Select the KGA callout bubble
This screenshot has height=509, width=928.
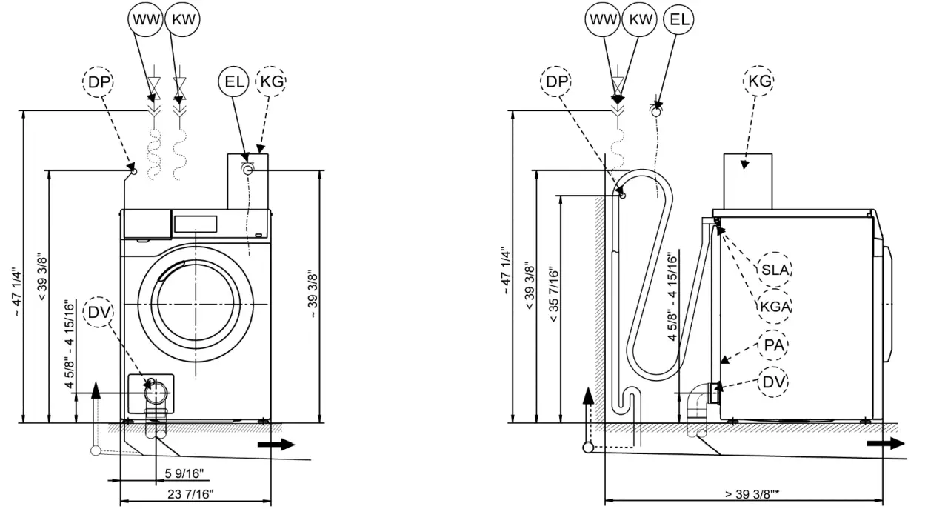[775, 307]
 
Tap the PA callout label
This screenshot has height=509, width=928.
[775, 345]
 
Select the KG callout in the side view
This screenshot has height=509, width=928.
[761, 81]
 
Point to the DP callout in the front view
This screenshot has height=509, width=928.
[99, 83]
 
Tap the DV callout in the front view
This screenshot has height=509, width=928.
[98, 312]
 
